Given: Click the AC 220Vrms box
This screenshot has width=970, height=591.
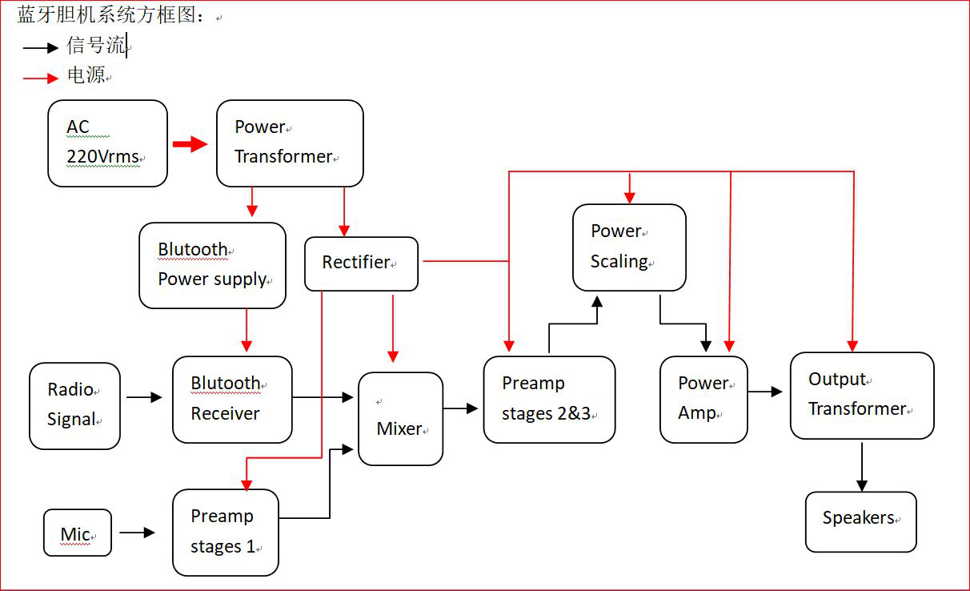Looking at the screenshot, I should click(x=107, y=143).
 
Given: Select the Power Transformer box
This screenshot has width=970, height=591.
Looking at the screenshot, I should click(x=290, y=143).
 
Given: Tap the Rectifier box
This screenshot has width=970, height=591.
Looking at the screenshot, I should click(x=361, y=263).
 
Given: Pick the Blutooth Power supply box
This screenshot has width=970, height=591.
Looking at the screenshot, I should click(x=212, y=265).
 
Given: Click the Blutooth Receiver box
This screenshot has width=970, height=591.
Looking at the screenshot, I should click(x=232, y=399).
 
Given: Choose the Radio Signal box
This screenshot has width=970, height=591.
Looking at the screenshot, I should click(x=74, y=405).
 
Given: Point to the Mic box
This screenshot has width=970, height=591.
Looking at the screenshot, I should click(x=77, y=533).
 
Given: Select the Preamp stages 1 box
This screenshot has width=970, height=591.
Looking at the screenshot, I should click(x=225, y=532).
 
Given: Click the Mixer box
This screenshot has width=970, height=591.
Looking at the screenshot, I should click(x=400, y=419).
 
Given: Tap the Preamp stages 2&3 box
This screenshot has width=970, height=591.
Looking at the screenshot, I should click(x=549, y=399).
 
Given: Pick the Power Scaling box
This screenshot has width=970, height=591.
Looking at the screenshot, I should click(x=629, y=247).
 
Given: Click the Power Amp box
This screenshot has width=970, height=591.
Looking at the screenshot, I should click(x=703, y=399).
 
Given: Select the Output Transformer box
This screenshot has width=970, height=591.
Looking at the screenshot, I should click(x=861, y=395).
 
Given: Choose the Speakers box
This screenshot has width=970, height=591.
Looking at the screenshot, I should click(x=860, y=521).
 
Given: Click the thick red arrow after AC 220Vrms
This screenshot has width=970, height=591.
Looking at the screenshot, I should click(x=190, y=144).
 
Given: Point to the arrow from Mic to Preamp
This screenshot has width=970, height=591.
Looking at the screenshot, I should click(x=137, y=532).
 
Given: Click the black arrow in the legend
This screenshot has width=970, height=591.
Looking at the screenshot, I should click(x=41, y=48).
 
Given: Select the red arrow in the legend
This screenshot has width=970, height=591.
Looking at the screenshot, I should click(x=41, y=78).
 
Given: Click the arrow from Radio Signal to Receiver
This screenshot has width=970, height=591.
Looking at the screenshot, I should click(x=144, y=396).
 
